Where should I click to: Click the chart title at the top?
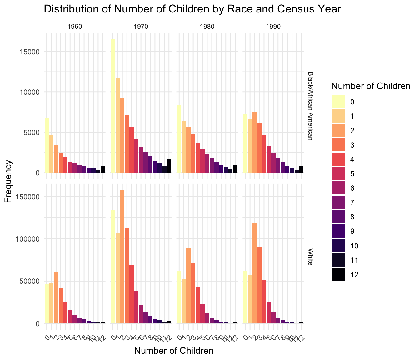[x=192, y=9]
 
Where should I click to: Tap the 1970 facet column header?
[x=141, y=27]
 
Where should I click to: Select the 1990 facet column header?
[x=273, y=27]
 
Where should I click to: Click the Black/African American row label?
[x=310, y=106]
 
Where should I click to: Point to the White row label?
[x=310, y=257]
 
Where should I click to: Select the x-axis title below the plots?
[x=174, y=351]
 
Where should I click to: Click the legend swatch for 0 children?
[x=338, y=102]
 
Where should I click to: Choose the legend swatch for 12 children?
[x=338, y=275]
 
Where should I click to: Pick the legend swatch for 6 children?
[x=338, y=188]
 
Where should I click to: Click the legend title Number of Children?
[x=370, y=86]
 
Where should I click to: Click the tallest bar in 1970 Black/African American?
[x=113, y=106]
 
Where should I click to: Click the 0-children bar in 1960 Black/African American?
[x=47, y=146]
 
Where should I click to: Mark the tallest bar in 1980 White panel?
[x=188, y=285]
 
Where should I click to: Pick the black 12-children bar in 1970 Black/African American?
[x=169, y=166]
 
